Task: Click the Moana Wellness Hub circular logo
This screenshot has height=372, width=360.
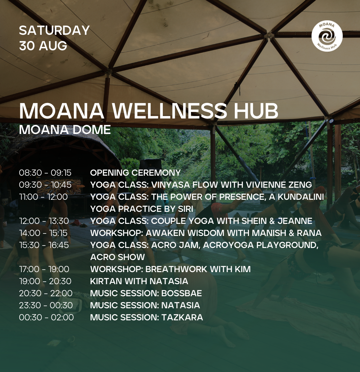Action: pos(327,36)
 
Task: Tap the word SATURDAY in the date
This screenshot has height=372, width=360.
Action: pos(54,30)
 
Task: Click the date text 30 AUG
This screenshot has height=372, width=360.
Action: pos(43,46)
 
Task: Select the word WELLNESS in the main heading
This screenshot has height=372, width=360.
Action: pos(169,111)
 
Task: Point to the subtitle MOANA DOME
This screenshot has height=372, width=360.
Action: pos(65,130)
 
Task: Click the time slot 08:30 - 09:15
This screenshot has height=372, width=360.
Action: pos(45,173)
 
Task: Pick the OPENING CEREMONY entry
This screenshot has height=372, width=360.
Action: pos(136,173)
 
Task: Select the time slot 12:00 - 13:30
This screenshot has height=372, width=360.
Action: pos(44,221)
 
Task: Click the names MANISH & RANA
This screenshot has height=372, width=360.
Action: pos(287,233)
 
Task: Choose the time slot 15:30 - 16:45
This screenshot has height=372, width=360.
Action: pos(44,245)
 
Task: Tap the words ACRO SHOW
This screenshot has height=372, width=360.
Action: pos(118,257)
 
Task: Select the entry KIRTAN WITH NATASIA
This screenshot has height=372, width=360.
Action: pos(139,281)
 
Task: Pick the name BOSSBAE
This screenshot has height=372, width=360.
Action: pos(182,293)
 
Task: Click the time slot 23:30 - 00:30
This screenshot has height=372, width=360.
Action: pos(46,305)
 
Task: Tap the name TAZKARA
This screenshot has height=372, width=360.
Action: pos(182,318)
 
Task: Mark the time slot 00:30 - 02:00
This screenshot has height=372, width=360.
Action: pos(46,318)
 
